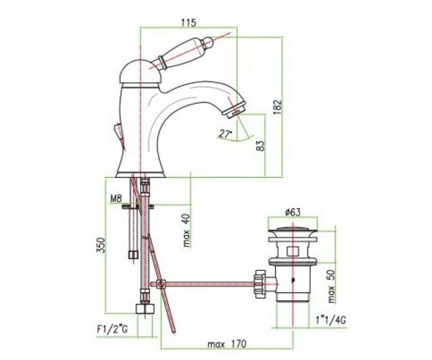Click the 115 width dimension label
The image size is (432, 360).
[188, 23]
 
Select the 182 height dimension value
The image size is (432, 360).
[277, 107]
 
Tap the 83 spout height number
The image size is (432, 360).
[261, 146]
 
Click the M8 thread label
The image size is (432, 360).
[116, 199]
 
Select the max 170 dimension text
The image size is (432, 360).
[227, 345]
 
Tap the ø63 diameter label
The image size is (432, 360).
[293, 213]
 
